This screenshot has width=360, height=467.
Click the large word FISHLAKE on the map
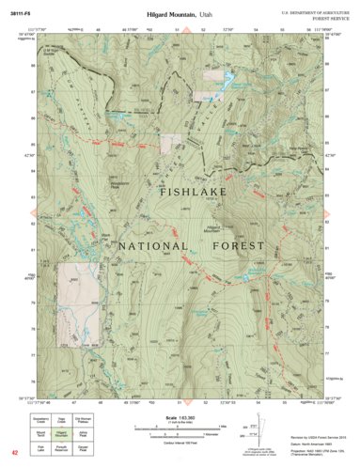tap(179, 195)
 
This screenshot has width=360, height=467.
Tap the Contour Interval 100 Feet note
tap(179, 441)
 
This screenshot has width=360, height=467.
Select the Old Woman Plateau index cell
tap(84, 422)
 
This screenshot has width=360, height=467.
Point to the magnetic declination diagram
tap(252, 432)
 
